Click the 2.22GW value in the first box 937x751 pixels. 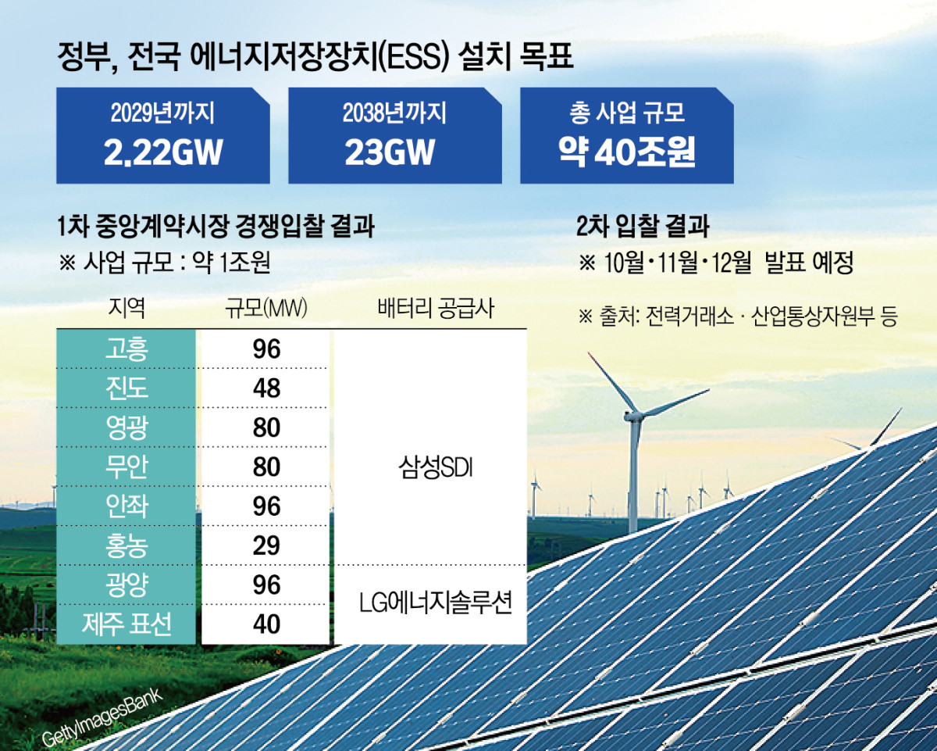(163, 152)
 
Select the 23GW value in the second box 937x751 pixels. (389, 152)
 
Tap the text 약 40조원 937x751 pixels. (626, 152)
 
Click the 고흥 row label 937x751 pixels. (126, 349)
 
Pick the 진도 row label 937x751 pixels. (126, 388)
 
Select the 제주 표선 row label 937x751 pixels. (126, 624)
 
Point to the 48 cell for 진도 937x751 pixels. (267, 388)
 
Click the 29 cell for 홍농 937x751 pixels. (267, 545)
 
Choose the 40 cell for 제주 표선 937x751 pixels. (267, 624)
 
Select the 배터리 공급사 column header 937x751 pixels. (430, 307)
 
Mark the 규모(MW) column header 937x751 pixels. (266, 307)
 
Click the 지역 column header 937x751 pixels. (126, 307)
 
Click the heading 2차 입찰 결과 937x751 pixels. (642, 227)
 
